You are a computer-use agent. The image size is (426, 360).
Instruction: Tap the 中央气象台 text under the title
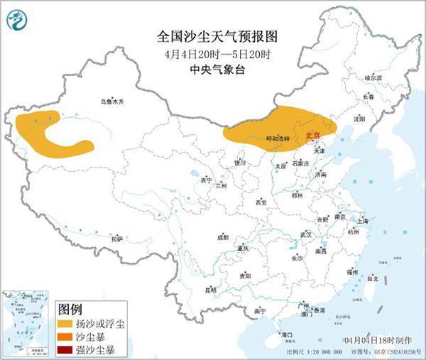(x=214, y=69)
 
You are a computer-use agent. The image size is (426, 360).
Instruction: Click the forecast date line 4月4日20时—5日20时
(x=214, y=53)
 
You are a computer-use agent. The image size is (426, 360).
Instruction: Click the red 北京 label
(x=312, y=135)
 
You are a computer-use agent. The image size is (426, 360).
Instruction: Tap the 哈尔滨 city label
(x=373, y=77)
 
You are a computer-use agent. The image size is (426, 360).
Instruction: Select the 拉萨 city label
(x=117, y=239)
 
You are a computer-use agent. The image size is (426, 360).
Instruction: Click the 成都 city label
(x=222, y=237)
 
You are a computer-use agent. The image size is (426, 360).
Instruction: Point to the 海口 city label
(x=287, y=334)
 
